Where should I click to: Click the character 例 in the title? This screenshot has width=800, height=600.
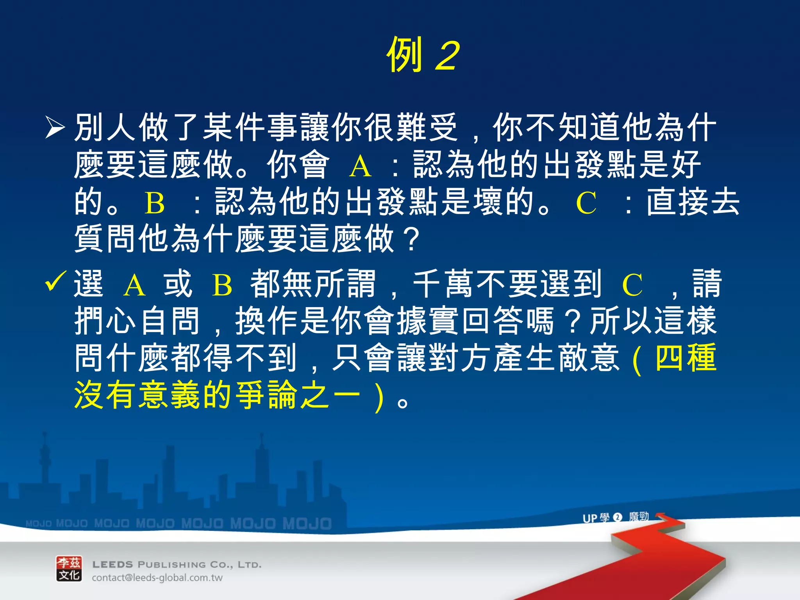pyautogui.click(x=405, y=55)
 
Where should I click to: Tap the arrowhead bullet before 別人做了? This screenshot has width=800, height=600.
pyautogui.click(x=55, y=127)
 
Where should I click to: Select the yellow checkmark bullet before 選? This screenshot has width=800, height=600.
pyautogui.click(x=56, y=281)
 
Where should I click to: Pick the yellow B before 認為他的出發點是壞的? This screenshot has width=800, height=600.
pyautogui.click(x=155, y=203)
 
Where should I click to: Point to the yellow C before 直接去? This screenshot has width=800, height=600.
pyautogui.click(x=586, y=203)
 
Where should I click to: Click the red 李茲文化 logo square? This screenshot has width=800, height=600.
pyautogui.click(x=69, y=569)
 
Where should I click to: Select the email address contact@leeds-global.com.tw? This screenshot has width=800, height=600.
pyautogui.click(x=157, y=578)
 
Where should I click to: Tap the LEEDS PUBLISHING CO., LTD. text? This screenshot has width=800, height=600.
pyautogui.click(x=177, y=564)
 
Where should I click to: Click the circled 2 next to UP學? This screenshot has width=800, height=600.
pyautogui.click(x=618, y=517)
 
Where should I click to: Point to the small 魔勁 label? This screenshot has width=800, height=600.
pyautogui.click(x=639, y=517)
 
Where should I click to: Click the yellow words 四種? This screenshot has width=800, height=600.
pyautogui.click(x=686, y=358)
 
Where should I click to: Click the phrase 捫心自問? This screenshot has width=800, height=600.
pyautogui.click(x=137, y=321)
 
